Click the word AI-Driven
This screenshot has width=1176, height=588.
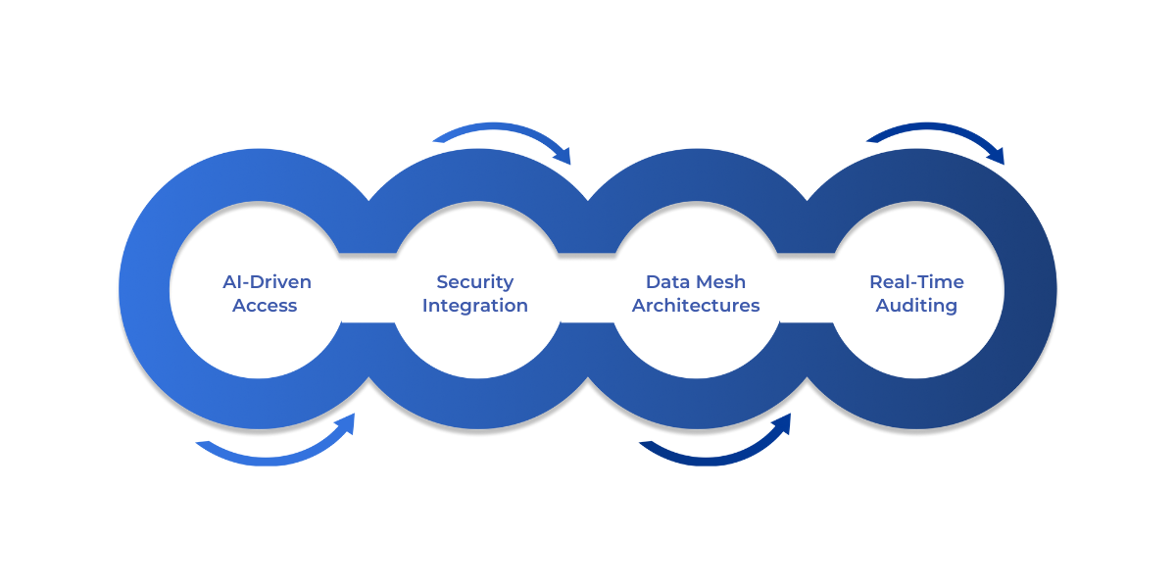[267, 282]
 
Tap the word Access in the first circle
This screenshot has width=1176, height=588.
[265, 306]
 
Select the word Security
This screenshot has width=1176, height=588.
[475, 282]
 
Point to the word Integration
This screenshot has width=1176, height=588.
[475, 306]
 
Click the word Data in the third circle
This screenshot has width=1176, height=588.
[666, 282]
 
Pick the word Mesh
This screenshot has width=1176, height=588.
[720, 282]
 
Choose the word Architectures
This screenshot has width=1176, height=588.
[696, 306]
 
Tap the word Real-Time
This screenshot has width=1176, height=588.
[916, 282]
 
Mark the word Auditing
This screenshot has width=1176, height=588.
[916, 306]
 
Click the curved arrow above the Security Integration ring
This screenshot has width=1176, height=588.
[495, 129]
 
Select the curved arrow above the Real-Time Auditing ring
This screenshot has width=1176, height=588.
[931, 129]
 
